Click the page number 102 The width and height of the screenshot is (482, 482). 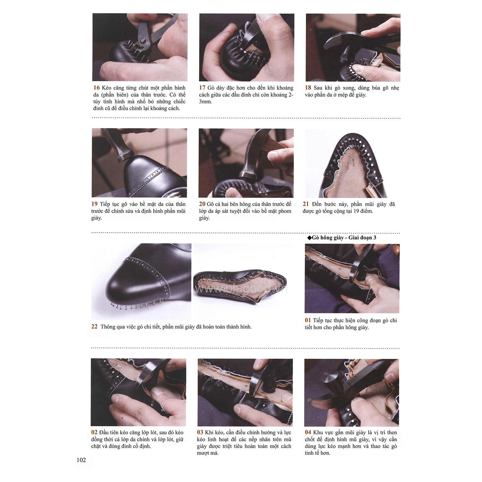point(81,460)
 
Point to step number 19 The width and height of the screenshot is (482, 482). point(95,204)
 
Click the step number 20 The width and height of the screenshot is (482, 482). point(202,204)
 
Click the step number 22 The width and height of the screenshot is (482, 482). point(94,327)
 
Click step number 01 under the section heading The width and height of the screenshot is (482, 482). point(308,320)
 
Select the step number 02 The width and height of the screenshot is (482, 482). point(95,432)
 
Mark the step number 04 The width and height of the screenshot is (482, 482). point(308,432)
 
